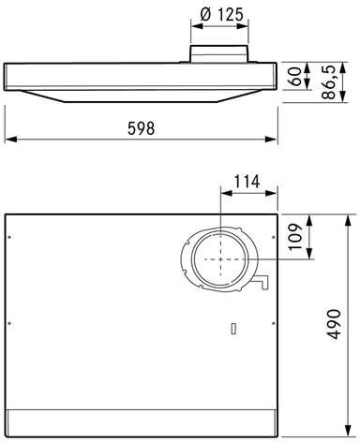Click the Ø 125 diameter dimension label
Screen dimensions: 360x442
point(221,14)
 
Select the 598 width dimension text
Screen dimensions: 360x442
point(141,128)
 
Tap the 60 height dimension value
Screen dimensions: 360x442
point(295,77)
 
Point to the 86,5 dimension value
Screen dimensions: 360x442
point(328,82)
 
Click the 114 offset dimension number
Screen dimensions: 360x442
point(247,182)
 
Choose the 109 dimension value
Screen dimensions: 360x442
point(295,236)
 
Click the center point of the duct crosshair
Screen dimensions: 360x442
point(220,259)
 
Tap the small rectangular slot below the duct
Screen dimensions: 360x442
point(233,329)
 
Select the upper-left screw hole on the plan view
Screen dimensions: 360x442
point(9,237)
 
